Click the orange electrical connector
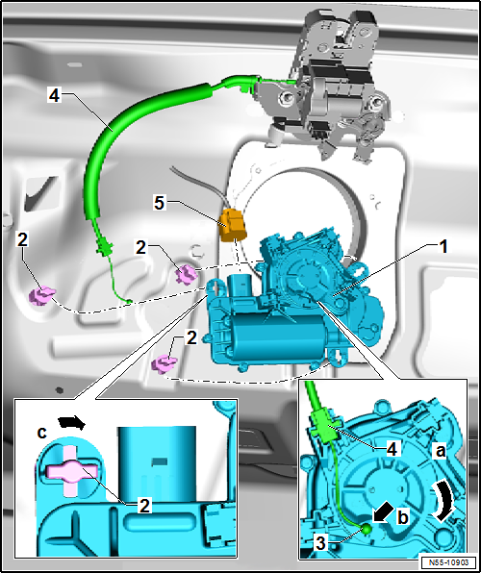click(x=232, y=227)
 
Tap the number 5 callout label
click(x=159, y=203)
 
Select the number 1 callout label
click(x=443, y=247)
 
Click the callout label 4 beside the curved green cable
click(x=55, y=95)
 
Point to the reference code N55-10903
click(x=448, y=561)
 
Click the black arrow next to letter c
click(x=72, y=423)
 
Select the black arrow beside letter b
click(x=383, y=515)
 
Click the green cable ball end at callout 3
click(x=367, y=529)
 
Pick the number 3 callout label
click(x=320, y=544)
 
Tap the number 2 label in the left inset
click(x=145, y=506)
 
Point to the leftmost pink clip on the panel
click(x=41, y=296)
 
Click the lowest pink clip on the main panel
click(x=165, y=364)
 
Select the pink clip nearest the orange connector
click(x=187, y=275)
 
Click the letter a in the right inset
click(x=440, y=452)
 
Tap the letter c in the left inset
click(x=42, y=433)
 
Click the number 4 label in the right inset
click(x=392, y=448)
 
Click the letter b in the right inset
click(x=403, y=518)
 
